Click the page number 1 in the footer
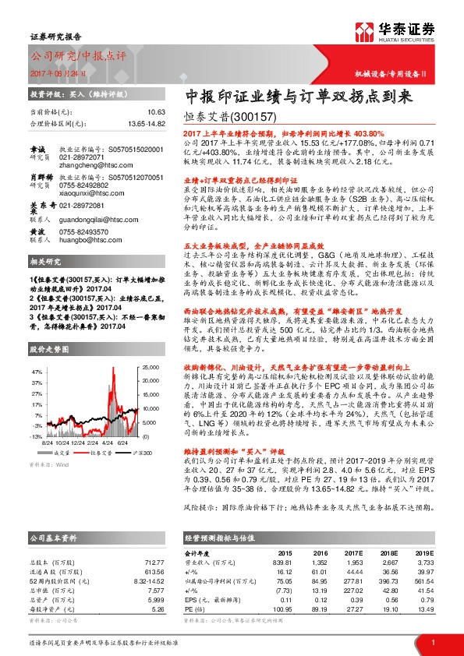[x=432, y=643]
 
